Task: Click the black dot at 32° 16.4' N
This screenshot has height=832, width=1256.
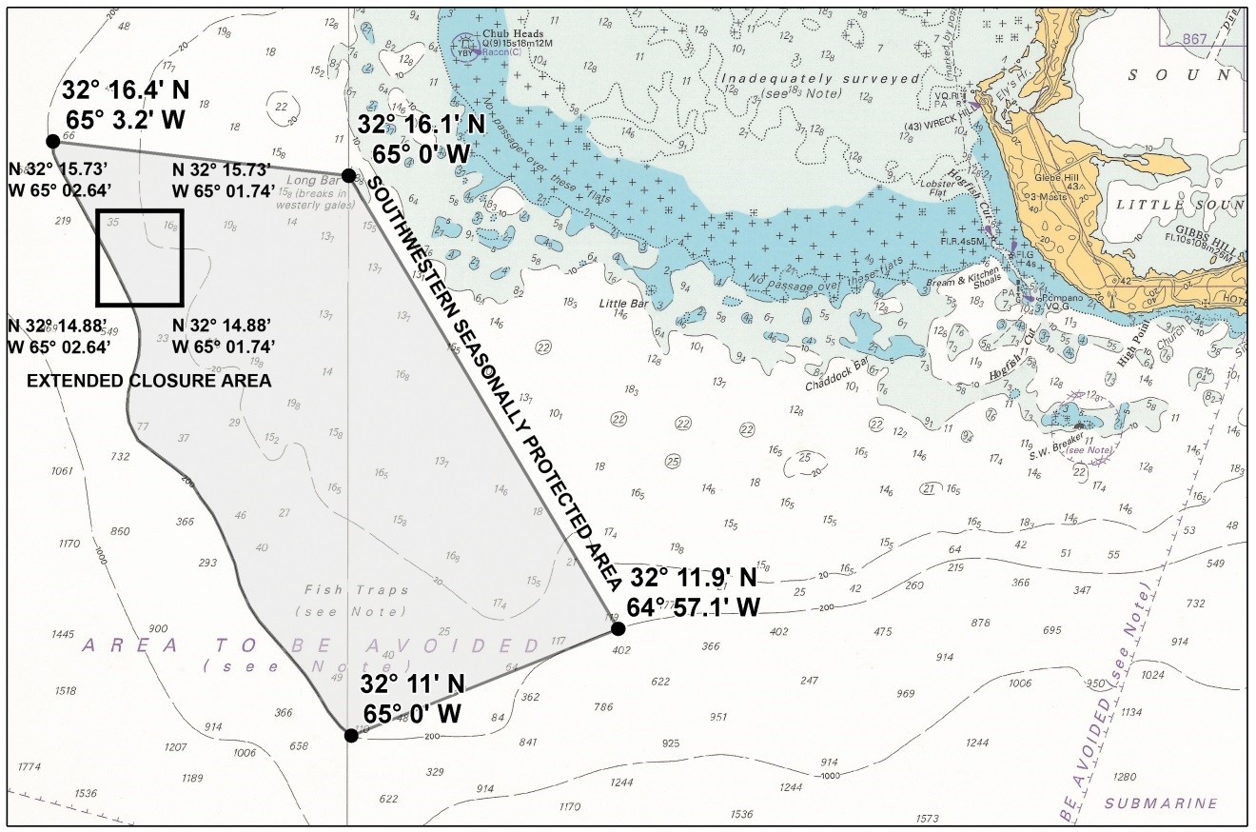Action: point(52,142)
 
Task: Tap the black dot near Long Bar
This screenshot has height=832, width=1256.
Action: point(349,175)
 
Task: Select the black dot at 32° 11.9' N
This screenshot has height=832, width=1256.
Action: point(618,628)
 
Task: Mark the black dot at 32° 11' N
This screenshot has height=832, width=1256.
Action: point(351,735)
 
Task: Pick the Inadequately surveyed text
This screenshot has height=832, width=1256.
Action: point(789,80)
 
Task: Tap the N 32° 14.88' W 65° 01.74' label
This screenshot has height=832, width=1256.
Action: point(224,336)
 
